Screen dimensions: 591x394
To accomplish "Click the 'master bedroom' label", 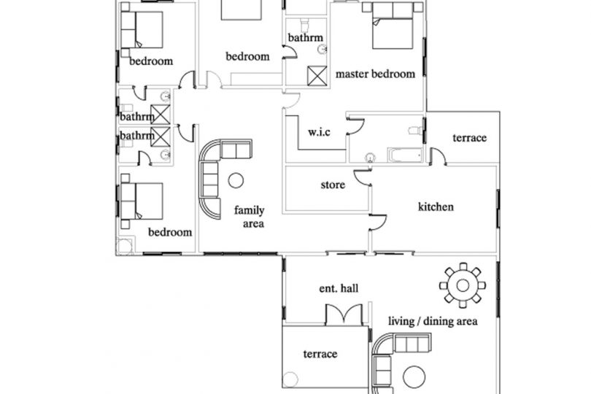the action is [376, 74].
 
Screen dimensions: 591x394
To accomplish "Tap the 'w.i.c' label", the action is [319, 132].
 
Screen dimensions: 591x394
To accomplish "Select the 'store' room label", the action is [333, 185].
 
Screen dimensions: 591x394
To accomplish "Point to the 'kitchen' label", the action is [436, 206].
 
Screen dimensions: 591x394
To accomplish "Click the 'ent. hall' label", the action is [339, 288].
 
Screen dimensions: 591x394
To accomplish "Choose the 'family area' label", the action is [250, 217].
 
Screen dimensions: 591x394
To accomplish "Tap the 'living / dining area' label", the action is [433, 321].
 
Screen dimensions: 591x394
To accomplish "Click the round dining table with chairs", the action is [463, 285].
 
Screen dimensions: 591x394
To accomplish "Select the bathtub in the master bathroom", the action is [404, 155].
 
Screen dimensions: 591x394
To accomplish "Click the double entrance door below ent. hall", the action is [344, 314].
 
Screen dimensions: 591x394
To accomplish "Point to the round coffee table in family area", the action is [236, 180].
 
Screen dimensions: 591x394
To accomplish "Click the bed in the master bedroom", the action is [393, 26].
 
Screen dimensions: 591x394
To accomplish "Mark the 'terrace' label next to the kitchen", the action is [469, 138].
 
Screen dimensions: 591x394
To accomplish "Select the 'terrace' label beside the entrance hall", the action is [320, 354].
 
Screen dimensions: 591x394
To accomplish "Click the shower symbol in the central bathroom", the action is [317, 76].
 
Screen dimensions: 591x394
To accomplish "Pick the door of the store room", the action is [363, 178].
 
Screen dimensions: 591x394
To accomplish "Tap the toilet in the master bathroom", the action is [415, 131].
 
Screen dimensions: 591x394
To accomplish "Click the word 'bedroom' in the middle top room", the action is [247, 57].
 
